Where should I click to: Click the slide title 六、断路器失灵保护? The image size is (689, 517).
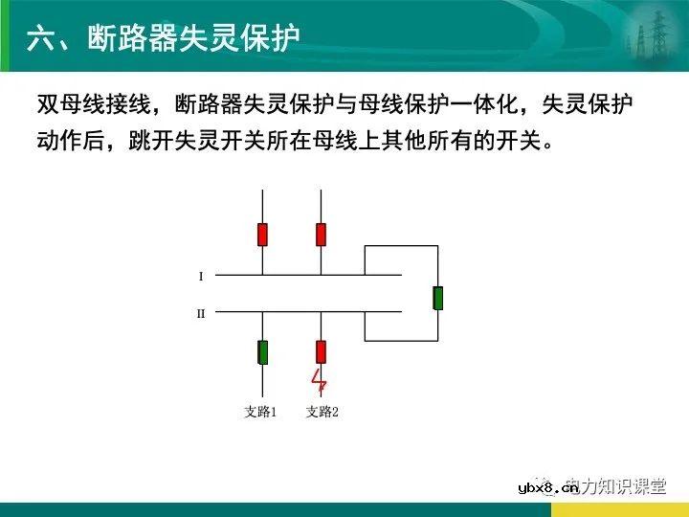(x=164, y=37)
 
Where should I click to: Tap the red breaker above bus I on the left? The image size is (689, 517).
(x=262, y=234)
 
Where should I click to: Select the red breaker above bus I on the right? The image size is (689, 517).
(x=321, y=234)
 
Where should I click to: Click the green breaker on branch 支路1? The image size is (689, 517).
(x=262, y=351)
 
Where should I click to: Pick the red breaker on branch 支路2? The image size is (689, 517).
(x=321, y=351)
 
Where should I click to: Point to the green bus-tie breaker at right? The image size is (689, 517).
(x=437, y=298)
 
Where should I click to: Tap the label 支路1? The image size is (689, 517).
(x=260, y=412)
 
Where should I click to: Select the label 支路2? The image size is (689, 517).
(x=322, y=412)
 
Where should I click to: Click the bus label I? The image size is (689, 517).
(x=201, y=276)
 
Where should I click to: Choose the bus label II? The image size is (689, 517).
(x=201, y=312)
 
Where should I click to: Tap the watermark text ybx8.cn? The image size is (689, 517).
(x=548, y=488)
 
